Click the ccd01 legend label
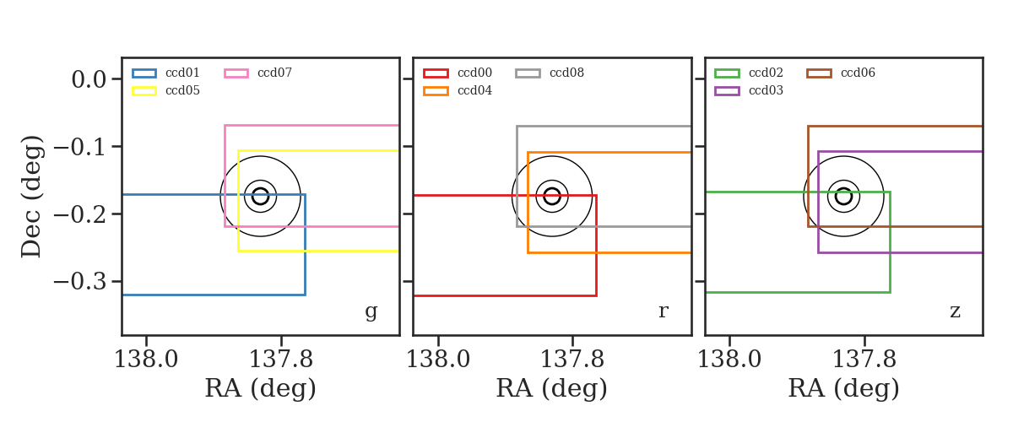182,73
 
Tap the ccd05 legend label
182,90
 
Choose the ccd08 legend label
566,73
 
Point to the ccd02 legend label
766,73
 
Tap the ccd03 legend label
766,90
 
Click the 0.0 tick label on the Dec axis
89,79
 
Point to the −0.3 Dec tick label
80,282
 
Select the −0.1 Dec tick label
80,147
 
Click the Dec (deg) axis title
32,197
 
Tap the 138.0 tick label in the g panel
146,360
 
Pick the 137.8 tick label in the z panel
864,360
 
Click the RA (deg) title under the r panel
552,388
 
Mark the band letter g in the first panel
371,311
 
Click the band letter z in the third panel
955,311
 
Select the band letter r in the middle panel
663,311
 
